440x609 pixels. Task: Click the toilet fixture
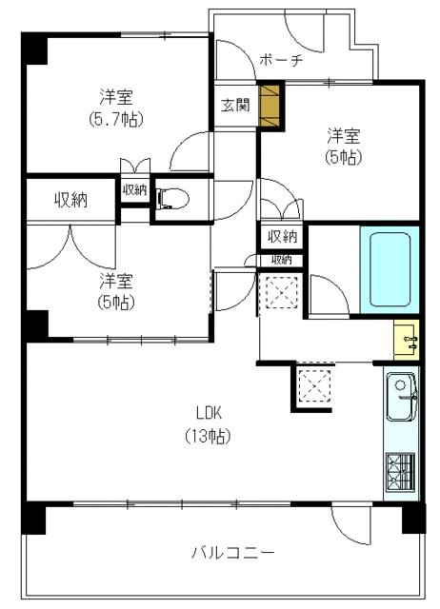pos(172,199)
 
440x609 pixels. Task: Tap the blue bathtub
pos(390,269)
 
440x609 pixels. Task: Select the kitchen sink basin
pos(402,396)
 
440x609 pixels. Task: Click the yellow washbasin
pos(406,340)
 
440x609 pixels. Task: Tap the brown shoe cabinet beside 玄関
pos(270,106)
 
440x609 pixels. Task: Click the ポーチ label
pos(281,60)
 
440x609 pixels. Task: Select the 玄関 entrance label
pos(235,106)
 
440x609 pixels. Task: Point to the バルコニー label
pos(232,552)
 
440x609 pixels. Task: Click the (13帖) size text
pos(208,436)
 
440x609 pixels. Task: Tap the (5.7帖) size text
pos(116,119)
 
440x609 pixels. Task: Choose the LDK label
pos(209,413)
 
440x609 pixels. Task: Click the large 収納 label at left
pos(70,200)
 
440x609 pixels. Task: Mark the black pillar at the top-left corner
pos(34,49)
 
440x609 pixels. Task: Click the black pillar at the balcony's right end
pos(413,518)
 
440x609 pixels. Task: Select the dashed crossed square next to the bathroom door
pos(281,292)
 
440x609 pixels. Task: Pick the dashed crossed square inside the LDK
pos(314,385)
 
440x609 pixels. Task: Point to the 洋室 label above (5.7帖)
pos(116,97)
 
